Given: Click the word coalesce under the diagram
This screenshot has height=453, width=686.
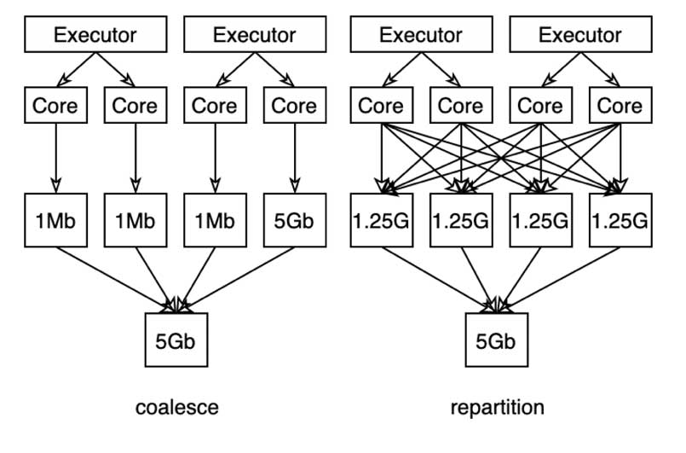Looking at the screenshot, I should click(176, 408).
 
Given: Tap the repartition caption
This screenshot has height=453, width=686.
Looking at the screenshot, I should click(497, 408).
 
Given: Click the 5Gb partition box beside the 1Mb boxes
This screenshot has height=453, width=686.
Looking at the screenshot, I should click(294, 220).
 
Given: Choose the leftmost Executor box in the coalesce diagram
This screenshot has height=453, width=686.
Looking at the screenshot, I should click(95, 35).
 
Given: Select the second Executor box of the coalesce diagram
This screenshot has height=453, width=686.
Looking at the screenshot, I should click(254, 35).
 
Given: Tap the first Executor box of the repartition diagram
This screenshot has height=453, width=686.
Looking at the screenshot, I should click(421, 35).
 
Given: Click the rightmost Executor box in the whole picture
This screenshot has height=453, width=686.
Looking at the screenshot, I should click(580, 35).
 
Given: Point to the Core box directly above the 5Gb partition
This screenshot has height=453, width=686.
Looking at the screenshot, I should click(294, 106).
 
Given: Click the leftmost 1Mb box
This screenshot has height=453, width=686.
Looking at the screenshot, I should click(56, 220).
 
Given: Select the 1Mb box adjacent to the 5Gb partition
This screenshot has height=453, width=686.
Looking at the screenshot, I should click(215, 220).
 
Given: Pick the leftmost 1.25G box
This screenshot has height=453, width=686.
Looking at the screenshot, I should click(382, 220).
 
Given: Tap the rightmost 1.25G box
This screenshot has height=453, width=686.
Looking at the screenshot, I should click(620, 220).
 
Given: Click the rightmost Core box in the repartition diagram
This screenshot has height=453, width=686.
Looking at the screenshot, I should click(620, 106).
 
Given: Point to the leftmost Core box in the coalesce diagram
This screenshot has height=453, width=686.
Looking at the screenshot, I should click(56, 106).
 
